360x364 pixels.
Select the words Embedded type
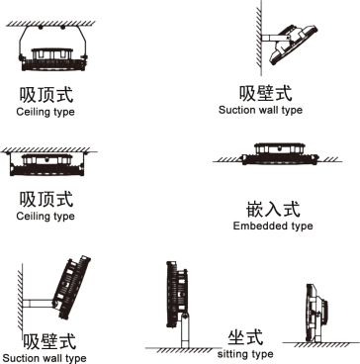pos(273,227)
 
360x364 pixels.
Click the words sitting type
pos(244,353)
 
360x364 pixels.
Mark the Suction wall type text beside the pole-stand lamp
pos(44,357)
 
